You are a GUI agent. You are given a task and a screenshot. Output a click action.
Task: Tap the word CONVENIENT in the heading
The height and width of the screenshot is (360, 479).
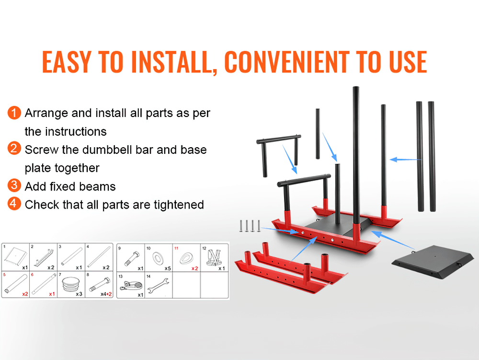287,62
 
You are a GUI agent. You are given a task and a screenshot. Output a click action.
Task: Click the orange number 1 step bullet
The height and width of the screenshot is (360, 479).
14,113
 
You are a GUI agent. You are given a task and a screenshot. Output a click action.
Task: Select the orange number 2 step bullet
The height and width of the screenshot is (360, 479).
14,149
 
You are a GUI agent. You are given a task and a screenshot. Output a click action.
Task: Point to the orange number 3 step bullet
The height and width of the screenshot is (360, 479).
14,186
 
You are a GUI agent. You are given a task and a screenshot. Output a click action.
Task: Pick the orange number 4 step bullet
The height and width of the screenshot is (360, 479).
14,204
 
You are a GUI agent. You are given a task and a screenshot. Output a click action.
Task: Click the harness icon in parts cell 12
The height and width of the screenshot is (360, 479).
214,257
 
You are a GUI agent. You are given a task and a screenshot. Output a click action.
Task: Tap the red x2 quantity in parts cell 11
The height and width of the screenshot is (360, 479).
194,268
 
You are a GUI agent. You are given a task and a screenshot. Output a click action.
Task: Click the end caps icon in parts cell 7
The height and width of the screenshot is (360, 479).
71,284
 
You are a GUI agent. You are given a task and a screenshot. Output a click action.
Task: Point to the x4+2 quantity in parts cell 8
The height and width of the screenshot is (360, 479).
106,294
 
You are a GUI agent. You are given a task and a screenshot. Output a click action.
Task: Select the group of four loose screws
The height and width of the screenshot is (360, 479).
250,226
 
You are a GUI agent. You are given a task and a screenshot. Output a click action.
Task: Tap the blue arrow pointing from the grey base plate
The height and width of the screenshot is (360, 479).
393,240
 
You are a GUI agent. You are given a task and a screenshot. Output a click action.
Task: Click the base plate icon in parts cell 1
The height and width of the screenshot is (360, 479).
15,256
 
